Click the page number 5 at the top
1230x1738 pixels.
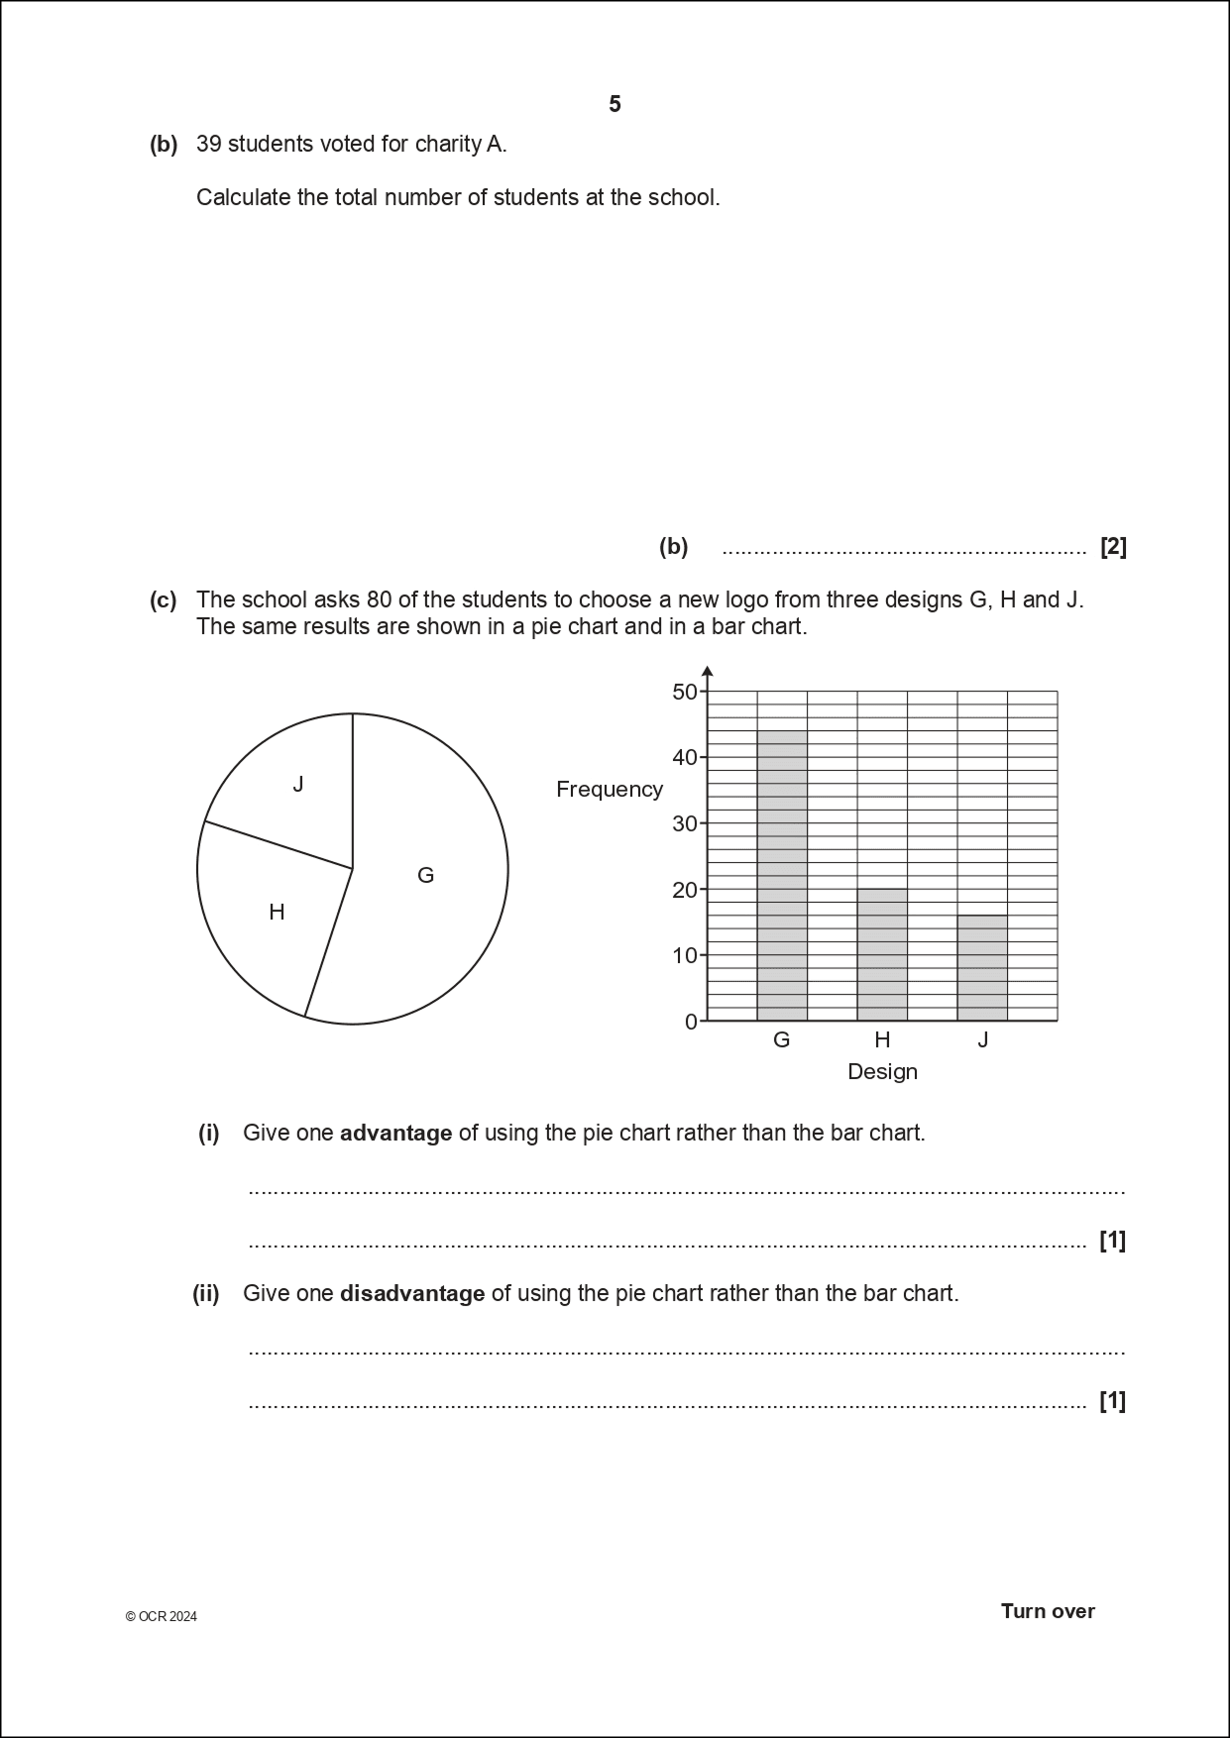[615, 104]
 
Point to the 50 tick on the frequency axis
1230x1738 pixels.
[685, 692]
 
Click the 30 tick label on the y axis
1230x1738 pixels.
[685, 823]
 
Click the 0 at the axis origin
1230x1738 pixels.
[691, 1022]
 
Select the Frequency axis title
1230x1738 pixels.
[609, 789]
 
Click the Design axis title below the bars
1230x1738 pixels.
[882, 1071]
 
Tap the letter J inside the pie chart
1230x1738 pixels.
[298, 785]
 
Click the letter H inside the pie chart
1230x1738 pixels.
[277, 912]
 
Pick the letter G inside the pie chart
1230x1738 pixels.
[425, 875]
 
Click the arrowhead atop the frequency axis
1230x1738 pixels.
[707, 672]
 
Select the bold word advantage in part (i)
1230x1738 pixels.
[395, 1133]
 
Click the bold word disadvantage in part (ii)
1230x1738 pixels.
[411, 1293]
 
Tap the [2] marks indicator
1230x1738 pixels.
[1113, 547]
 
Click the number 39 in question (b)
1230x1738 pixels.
[209, 144]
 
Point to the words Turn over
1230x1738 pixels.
[1048, 1610]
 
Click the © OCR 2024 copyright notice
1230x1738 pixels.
[162, 1616]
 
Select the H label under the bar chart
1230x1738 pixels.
[882, 1039]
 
